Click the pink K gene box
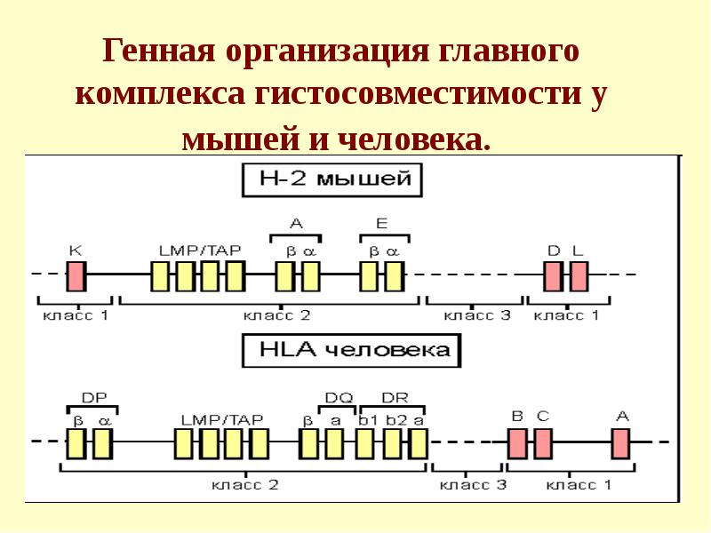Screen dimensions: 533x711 [76, 276]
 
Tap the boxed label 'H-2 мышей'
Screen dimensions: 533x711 [332, 179]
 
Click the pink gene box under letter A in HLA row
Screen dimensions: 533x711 [620, 442]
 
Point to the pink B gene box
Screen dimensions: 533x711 [517, 442]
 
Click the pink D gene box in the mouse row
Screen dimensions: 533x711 [553, 276]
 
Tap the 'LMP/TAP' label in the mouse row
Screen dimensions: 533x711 [200, 251]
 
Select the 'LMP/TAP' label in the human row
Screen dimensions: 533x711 [222, 418]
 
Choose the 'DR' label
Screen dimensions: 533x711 [394, 398]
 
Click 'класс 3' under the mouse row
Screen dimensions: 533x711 [476, 315]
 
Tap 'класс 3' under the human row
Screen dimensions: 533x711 [474, 484]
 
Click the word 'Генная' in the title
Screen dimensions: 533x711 [160, 51]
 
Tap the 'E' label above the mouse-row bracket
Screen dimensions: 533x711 [381, 223]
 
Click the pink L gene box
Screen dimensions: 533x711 [579, 276]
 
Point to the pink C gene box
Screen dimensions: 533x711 [542, 442]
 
